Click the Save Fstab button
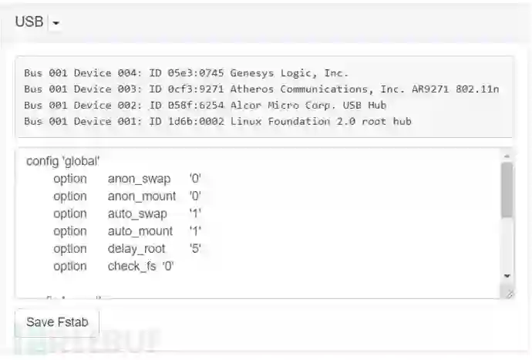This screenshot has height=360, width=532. pos(57,322)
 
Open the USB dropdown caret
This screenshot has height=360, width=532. pos(56,23)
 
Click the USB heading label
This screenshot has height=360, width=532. pos(29,22)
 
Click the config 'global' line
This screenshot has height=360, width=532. pos(63,161)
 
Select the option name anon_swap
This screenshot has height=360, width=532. pos(139,179)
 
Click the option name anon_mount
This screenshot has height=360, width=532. pos(142,197)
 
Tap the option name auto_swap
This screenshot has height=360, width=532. pos(137,214)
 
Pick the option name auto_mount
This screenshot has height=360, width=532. pos(140,231)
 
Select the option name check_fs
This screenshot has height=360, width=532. pos(132,267)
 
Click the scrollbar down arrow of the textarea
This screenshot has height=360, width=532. pos(507,275)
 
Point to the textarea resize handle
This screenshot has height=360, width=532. pos(509,294)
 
